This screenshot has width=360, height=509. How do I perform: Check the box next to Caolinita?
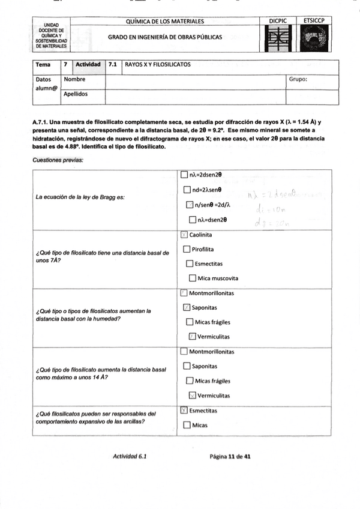point(184,235)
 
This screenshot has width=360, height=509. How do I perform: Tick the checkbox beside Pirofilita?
point(187,249)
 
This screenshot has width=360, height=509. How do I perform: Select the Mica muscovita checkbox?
point(193,278)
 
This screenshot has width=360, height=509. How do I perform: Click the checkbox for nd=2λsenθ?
point(187,190)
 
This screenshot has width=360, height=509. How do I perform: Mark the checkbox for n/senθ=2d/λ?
point(190,205)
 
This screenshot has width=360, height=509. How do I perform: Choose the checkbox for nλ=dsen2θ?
point(193,220)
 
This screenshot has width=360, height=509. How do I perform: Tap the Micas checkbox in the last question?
point(187,426)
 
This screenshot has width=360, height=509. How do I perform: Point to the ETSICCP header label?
point(314,21)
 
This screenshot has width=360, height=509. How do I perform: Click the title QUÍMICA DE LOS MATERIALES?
point(165,22)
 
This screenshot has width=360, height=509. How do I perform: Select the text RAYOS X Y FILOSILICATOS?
point(158,64)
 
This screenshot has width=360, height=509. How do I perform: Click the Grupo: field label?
point(298,79)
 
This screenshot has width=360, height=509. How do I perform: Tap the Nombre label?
point(74,79)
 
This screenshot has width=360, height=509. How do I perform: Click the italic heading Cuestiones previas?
point(58,160)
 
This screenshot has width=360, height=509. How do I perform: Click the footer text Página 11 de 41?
point(230,456)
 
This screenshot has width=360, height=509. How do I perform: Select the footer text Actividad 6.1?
point(130,456)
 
